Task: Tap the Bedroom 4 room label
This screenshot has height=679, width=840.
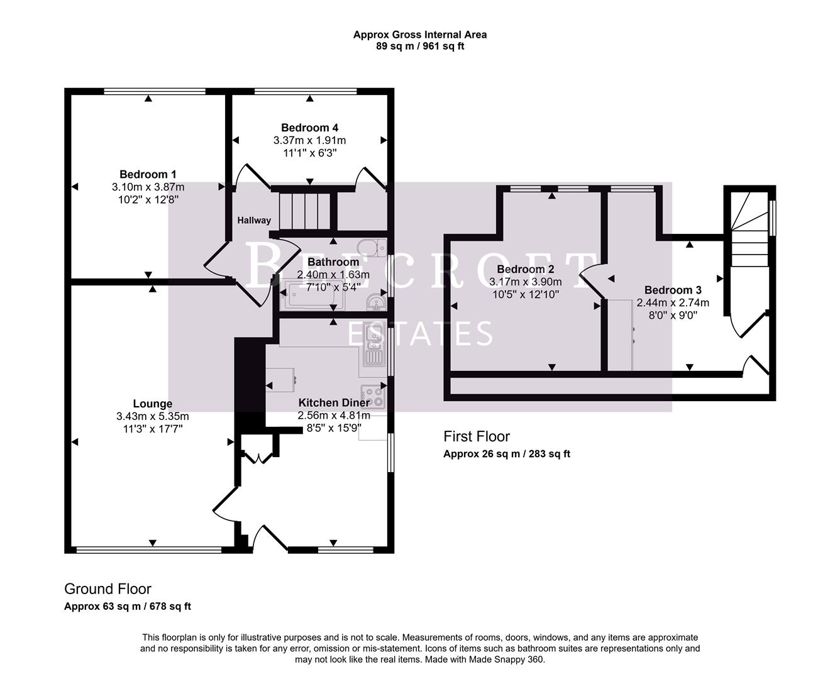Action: click(309, 128)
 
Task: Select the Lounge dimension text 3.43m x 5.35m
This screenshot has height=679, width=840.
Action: click(152, 416)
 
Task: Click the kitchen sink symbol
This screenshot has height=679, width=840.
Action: click(373, 345)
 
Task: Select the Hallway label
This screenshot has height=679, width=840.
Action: click(254, 220)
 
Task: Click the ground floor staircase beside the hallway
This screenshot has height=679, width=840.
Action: click(305, 211)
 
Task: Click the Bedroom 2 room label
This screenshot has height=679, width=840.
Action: click(525, 269)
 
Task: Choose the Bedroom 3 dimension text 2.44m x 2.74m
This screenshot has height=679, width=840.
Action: click(673, 302)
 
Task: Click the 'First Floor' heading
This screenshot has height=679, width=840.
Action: click(476, 436)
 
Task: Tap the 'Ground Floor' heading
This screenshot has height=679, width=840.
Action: click(108, 589)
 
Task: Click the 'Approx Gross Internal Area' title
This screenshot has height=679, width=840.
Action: click(419, 35)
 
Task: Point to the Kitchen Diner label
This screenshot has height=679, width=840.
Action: click(334, 403)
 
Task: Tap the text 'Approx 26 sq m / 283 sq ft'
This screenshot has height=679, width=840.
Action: click(506, 454)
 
